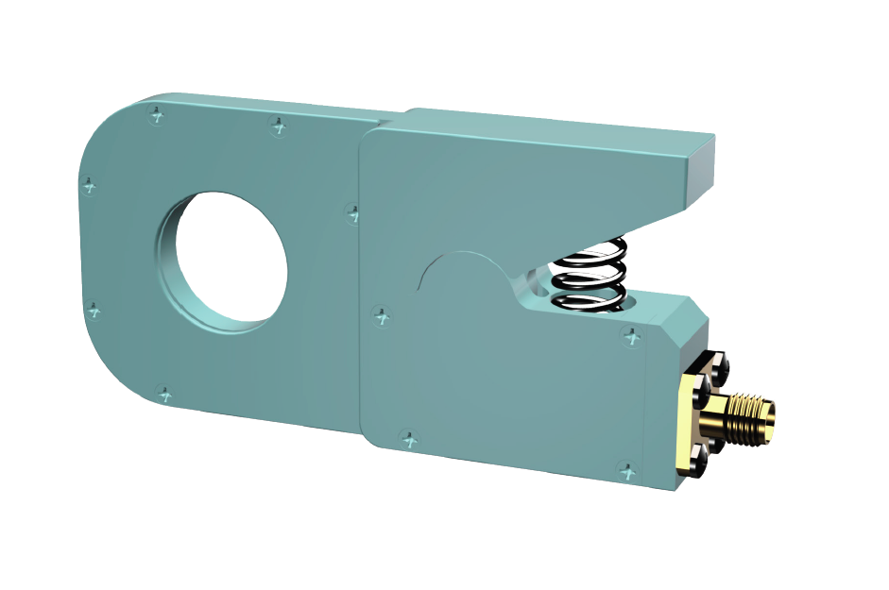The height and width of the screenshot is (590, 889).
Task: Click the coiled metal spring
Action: pyautogui.click(x=588, y=273)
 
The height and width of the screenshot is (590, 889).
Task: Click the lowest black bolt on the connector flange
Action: pyautogui.click(x=698, y=464)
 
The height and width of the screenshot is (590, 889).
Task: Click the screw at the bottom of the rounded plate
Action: pyautogui.click(x=163, y=392)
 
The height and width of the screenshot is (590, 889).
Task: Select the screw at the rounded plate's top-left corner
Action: pyautogui.click(x=157, y=115)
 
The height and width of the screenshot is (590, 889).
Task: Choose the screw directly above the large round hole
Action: pyautogui.click(x=277, y=124)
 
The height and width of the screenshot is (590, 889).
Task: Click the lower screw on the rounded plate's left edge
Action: pyautogui.click(x=94, y=309)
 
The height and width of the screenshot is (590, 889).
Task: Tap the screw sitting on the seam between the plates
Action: pyautogui.click(x=352, y=213)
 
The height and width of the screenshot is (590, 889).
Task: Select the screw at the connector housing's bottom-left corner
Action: pyautogui.click(x=408, y=438)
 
